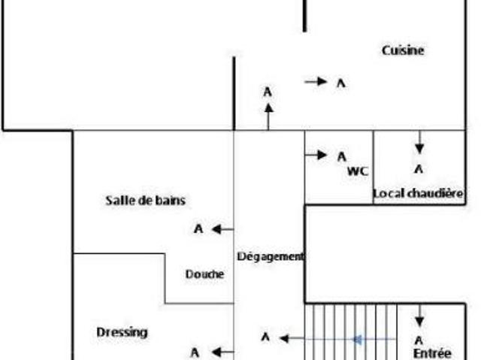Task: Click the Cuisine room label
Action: [x=403, y=50]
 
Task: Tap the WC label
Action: [x=358, y=171]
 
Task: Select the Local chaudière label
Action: [x=419, y=194]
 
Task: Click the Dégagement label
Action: [x=271, y=256]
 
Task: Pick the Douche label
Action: [x=204, y=274]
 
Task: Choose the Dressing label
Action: [x=123, y=331]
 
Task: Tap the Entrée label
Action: [x=432, y=352]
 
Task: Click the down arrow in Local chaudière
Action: [x=419, y=143]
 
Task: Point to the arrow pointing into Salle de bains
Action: [x=222, y=229]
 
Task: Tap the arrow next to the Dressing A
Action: [x=222, y=352]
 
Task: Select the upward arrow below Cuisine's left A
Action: [x=268, y=116]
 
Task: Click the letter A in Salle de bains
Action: [x=198, y=229]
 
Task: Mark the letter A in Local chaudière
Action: [x=419, y=169]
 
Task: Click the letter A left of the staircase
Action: [x=265, y=337]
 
